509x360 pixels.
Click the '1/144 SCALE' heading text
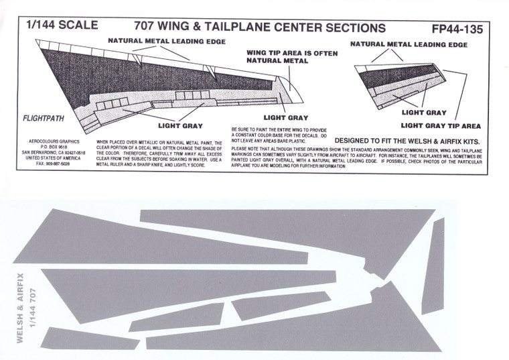coord(61,25)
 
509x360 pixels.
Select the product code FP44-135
coord(457,29)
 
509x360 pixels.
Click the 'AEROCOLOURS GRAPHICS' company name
coord(52,143)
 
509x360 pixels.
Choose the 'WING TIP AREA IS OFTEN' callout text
coord(277,52)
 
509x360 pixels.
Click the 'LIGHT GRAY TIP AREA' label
coord(439,125)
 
